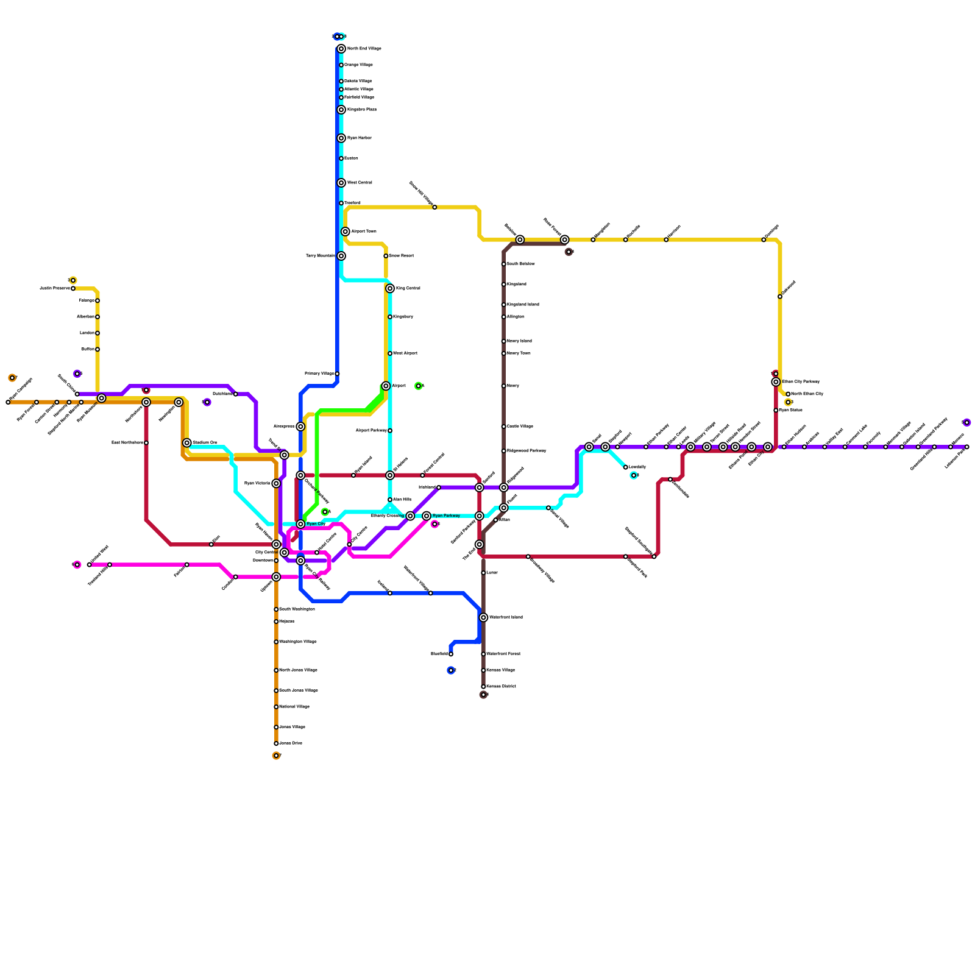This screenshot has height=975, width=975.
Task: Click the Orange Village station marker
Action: [341, 65]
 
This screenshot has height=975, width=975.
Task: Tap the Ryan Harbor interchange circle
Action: [341, 138]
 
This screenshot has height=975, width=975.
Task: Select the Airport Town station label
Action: [364, 232]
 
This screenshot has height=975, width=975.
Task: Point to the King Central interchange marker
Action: [390, 288]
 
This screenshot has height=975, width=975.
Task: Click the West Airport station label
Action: [405, 353]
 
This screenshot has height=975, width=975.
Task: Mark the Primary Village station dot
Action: [337, 374]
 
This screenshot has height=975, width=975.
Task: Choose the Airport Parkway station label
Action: [371, 431]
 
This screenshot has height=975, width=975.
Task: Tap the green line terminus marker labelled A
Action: [418, 386]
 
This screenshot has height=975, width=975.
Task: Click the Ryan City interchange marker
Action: [300, 524]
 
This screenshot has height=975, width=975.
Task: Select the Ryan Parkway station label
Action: [446, 516]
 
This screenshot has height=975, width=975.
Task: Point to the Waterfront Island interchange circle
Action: [483, 617]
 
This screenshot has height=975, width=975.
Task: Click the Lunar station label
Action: [492, 573]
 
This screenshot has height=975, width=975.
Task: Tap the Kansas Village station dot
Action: [483, 670]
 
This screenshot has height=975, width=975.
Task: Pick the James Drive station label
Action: [291, 743]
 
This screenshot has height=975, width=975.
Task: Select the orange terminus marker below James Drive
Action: [276, 756]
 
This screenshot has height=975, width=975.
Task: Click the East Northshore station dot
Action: [146, 443]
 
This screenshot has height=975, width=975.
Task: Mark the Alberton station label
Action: [85, 317]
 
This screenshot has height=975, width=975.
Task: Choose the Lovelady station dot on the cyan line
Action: [625, 467]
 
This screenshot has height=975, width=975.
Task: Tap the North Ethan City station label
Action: [807, 394]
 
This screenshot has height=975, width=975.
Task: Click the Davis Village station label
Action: [520, 427]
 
